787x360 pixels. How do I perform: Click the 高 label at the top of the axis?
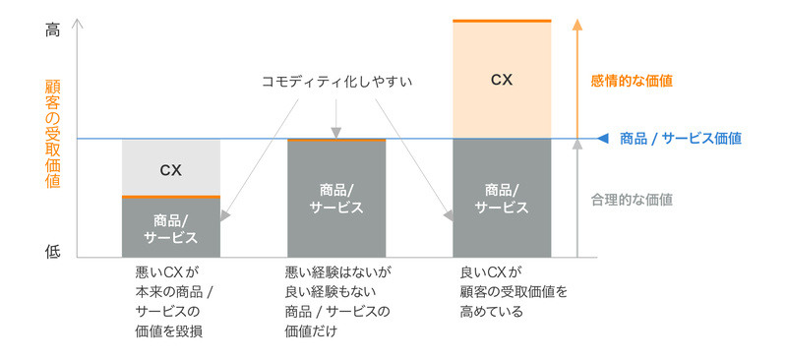tap(52, 29)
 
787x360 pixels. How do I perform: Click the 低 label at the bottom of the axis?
tap(52, 251)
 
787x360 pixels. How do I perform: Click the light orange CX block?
tap(502, 80)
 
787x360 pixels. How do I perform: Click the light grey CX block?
tap(170, 169)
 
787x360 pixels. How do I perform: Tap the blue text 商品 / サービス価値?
tap(680, 139)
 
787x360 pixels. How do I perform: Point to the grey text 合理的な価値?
tap(632, 199)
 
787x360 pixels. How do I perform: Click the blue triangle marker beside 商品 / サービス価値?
tap(603, 139)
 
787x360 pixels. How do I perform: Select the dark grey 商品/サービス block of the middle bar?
tap(336, 198)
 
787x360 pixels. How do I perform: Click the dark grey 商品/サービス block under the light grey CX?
tap(170, 227)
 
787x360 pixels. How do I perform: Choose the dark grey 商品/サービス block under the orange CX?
tap(502, 198)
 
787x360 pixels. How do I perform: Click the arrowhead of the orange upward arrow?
tap(576, 25)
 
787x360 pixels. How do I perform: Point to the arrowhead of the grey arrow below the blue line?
tap(576, 148)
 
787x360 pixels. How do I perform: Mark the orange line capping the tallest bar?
tap(502, 21)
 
